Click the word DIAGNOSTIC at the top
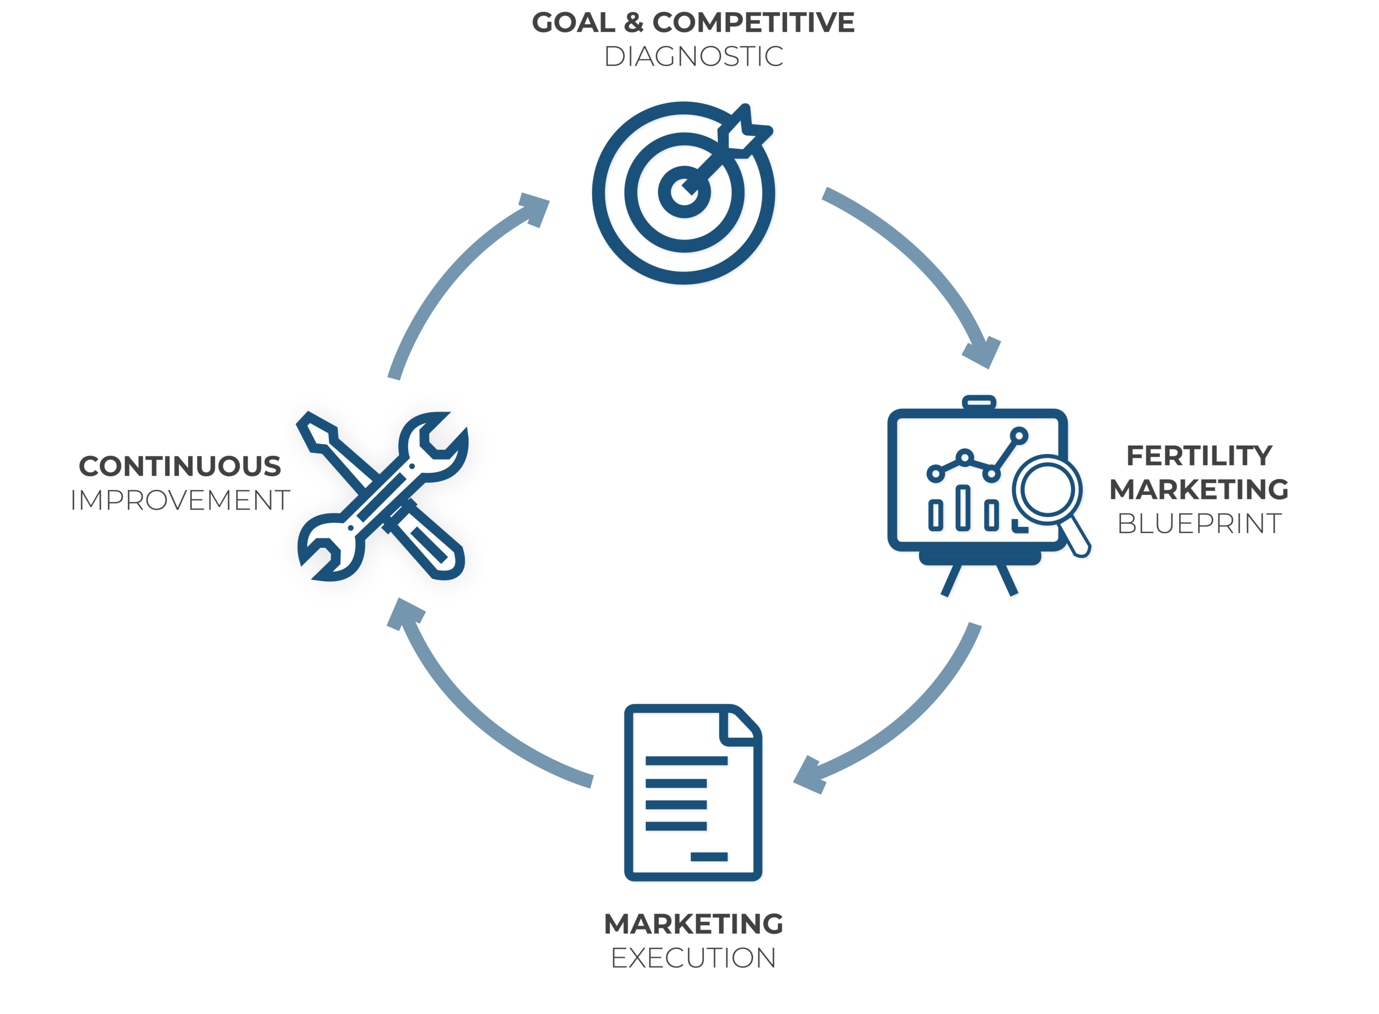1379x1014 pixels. [693, 57]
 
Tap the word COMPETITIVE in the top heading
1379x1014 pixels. [753, 23]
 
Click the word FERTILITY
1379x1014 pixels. [1199, 456]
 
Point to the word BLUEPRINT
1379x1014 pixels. [1199, 524]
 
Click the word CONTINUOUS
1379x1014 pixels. [180, 467]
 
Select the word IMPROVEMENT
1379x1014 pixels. [180, 501]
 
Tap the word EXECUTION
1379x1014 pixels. [693, 958]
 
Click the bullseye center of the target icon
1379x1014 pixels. [683, 191]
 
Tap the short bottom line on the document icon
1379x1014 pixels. [709, 856]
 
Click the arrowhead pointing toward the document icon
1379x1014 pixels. [810, 776]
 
